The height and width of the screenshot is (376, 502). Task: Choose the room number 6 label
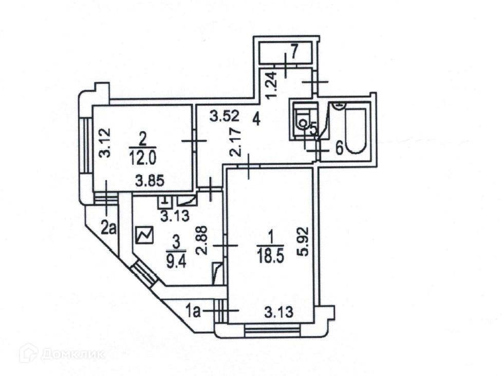(339, 148)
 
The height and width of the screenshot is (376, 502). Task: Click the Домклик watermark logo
(62, 353)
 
